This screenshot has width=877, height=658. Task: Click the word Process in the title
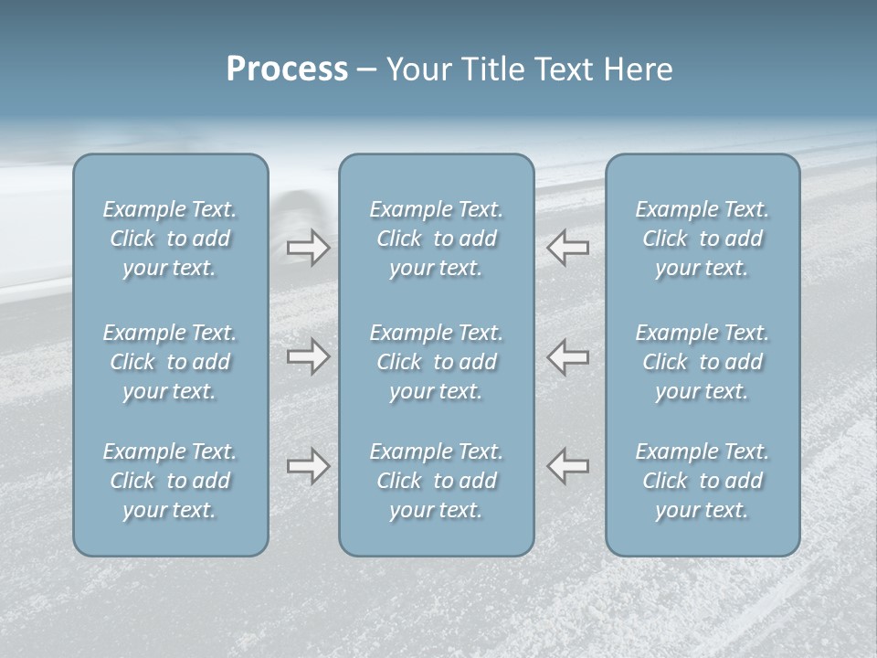tap(287, 69)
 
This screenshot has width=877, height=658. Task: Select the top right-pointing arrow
tap(309, 248)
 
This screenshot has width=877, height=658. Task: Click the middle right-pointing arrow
tap(309, 356)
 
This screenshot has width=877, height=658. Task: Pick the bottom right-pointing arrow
tap(309, 466)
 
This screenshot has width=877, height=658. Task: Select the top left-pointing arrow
tap(568, 248)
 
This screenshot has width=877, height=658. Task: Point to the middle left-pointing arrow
tap(568, 356)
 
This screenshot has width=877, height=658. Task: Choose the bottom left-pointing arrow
tap(568, 466)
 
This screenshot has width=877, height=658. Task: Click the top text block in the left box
tap(170, 239)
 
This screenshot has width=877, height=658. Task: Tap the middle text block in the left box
tap(170, 362)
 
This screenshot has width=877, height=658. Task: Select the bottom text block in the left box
tap(170, 481)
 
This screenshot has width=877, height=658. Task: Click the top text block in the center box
tap(437, 239)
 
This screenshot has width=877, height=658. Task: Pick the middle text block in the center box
tap(437, 362)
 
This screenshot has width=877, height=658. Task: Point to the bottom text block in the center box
tap(437, 481)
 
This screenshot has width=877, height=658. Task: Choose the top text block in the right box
tap(703, 239)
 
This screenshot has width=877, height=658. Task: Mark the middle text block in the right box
tap(703, 362)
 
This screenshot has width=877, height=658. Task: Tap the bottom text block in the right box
tap(703, 481)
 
